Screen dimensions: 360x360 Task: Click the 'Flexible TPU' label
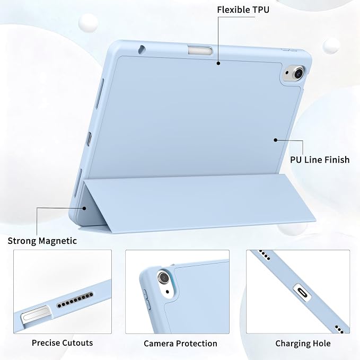(x=243, y=10)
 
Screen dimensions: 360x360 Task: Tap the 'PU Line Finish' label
(x=320, y=160)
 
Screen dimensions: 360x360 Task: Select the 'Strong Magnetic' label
(x=42, y=241)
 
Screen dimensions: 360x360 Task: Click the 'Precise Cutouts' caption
(x=62, y=343)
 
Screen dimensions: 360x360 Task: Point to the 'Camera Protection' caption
(x=180, y=344)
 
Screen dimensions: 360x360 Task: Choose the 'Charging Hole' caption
(x=303, y=344)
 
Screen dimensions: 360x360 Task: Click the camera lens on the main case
(x=298, y=73)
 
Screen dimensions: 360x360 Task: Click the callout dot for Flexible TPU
(x=218, y=63)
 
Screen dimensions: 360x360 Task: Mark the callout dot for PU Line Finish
(x=276, y=140)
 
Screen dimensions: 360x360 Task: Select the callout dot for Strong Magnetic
(x=84, y=208)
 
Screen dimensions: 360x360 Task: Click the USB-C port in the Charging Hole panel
(x=302, y=293)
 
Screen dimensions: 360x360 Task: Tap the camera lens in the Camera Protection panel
(x=163, y=278)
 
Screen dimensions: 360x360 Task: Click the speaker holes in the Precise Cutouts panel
(x=75, y=300)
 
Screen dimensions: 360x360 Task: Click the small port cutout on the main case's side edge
(x=89, y=139)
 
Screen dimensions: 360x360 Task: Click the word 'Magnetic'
(x=58, y=241)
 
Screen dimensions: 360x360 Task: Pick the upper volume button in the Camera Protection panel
(x=145, y=293)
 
